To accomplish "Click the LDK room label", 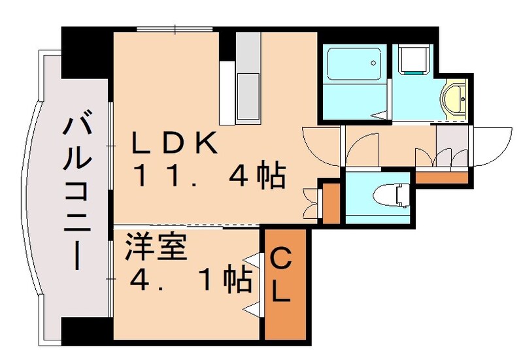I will (175, 143).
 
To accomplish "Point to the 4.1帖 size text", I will (190, 281).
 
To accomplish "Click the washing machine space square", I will (413, 59).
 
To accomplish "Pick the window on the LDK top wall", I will (176, 29).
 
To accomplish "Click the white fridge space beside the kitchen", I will (226, 92).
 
